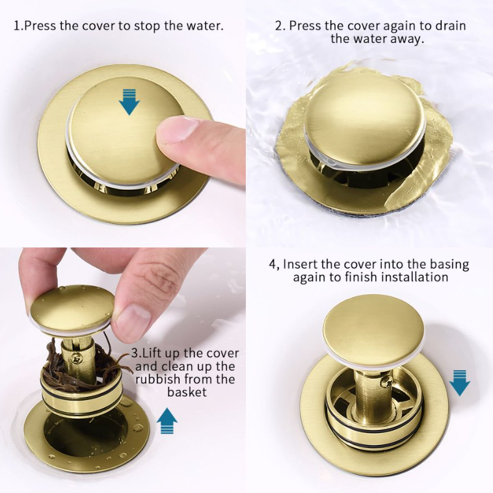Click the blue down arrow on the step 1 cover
click(x=129, y=101)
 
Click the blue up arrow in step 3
click(x=167, y=421)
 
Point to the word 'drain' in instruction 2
click(x=450, y=25)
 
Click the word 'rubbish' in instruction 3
click(x=159, y=379)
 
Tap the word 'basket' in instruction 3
click(x=187, y=392)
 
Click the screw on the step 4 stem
click(x=386, y=382)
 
